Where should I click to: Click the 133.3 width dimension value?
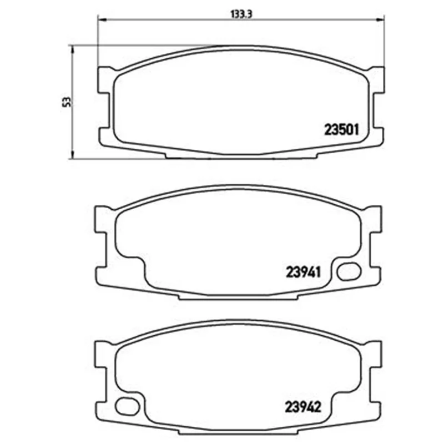click(241, 14)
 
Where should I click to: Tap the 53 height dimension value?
click(67, 102)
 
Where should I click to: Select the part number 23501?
click(341, 130)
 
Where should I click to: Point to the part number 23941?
click(303, 272)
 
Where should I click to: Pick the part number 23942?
click(302, 407)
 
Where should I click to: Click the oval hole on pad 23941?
click(349, 271)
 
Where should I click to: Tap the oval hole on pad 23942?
click(128, 406)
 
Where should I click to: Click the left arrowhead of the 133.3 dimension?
click(102, 19)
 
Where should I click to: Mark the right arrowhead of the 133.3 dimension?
click(381, 19)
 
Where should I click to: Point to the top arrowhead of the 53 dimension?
click(73, 49)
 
